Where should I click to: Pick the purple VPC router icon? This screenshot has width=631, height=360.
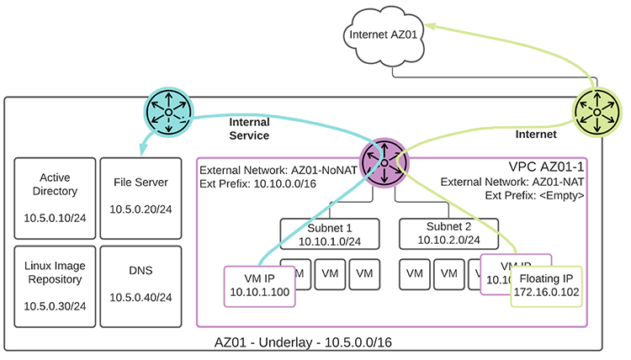point(384,161)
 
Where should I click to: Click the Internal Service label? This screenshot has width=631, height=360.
point(249,129)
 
